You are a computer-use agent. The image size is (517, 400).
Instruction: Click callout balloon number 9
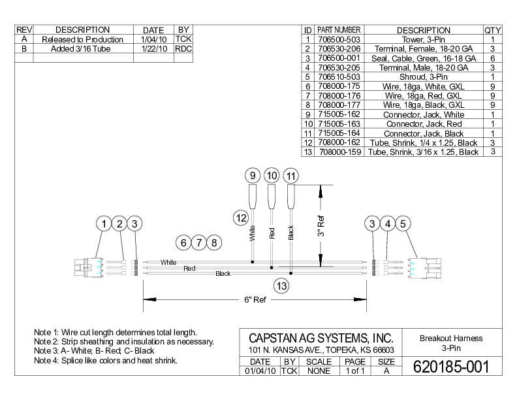[x=252, y=176]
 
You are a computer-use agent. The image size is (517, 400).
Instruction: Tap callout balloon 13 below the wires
[x=281, y=286]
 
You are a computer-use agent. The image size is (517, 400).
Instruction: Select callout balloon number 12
[x=241, y=217]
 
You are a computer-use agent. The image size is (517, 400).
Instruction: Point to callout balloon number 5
[x=403, y=224]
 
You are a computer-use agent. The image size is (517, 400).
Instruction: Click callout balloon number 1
[x=104, y=224]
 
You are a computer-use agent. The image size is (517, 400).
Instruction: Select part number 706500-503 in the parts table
[x=339, y=39]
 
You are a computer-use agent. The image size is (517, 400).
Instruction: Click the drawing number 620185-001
[x=450, y=367]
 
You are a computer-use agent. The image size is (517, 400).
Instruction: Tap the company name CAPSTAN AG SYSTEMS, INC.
[x=321, y=338]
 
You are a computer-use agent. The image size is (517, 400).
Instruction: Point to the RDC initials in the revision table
[x=183, y=48]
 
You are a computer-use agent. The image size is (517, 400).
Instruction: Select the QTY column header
[x=492, y=30]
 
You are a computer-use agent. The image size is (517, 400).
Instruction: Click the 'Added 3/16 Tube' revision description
[x=82, y=48]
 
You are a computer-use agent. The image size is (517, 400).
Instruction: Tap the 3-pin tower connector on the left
[x=87, y=267]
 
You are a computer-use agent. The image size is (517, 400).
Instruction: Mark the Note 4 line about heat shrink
[x=106, y=360]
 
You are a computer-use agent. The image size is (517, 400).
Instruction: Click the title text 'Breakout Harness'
[x=451, y=338]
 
